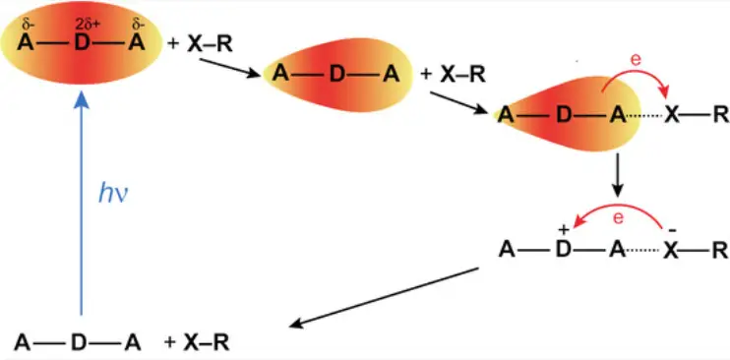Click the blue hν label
coord(113,194)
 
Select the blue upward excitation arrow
coord(82,203)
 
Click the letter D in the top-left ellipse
coord(82,44)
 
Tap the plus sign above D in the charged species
coord(565,229)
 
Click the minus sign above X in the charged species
coord(671,229)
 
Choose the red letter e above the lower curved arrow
coord(618,218)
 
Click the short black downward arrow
coord(617,175)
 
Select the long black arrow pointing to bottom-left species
coord(384,297)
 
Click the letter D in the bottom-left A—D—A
coord(79,342)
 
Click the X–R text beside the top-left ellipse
coord(210,44)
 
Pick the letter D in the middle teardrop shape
coord(337,75)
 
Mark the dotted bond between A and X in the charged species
coord(643,252)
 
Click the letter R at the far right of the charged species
coord(720,252)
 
